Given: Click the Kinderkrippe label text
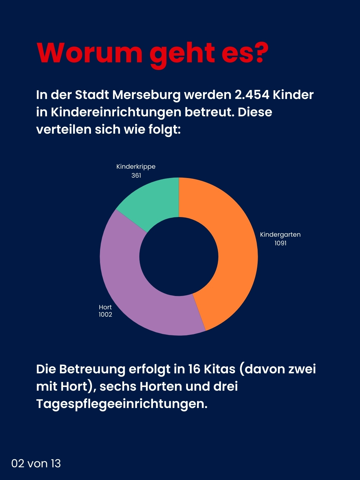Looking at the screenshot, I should pyautogui.click(x=136, y=167).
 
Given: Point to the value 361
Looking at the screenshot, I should pyautogui.click(x=136, y=175).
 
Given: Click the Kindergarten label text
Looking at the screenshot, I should pyautogui.click(x=280, y=234).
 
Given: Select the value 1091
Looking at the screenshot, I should pyautogui.click(x=280, y=243).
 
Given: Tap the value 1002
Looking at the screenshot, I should pyautogui.click(x=105, y=315).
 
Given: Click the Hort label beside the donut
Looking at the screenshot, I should pyautogui.click(x=105, y=307).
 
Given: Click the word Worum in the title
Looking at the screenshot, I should pyautogui.click(x=89, y=53).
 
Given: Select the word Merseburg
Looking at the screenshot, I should pyautogui.click(x=147, y=95).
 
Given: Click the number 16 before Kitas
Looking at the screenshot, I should pyautogui.click(x=194, y=369).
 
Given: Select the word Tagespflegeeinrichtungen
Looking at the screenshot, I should pyautogui.click(x=122, y=404).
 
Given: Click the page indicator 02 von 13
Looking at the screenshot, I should pyautogui.click(x=36, y=463).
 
